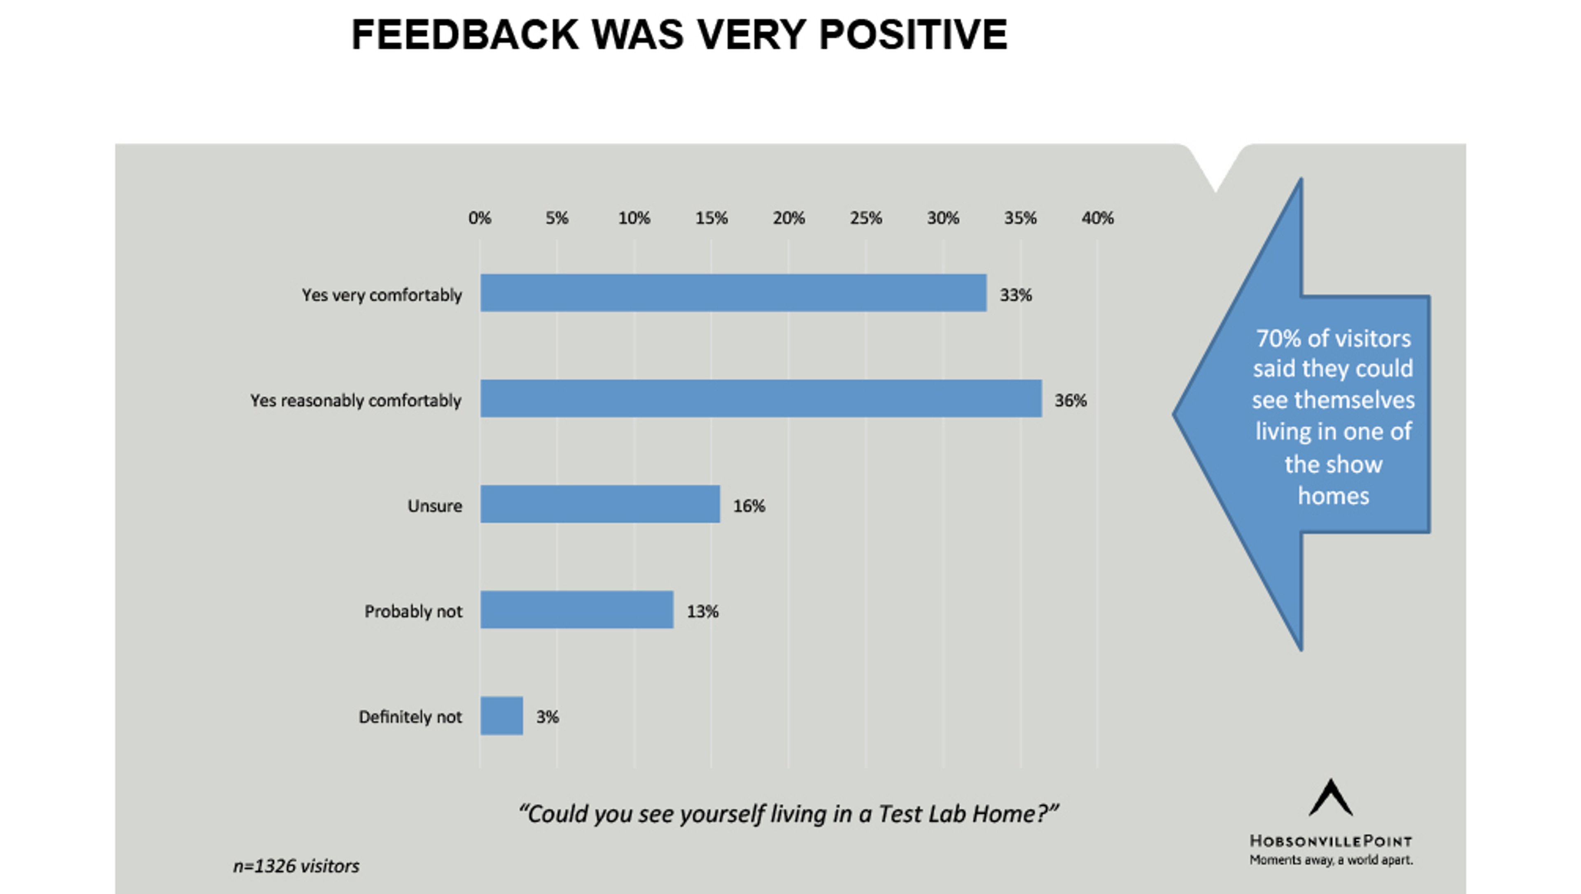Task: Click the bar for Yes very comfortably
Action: tap(733, 293)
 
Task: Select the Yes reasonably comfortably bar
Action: tap(761, 398)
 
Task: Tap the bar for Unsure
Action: tap(600, 504)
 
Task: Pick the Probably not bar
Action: tap(576, 610)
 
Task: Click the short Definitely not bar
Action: tap(501, 715)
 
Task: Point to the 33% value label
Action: tap(1016, 296)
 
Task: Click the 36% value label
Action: tap(1070, 400)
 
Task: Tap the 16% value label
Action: tap(749, 506)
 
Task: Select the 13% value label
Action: tap(702, 612)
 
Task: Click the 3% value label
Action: tap(547, 717)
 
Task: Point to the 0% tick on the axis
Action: tap(480, 218)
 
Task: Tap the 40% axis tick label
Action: tap(1097, 218)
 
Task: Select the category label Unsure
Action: tap(435, 506)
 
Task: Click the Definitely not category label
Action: tap(410, 717)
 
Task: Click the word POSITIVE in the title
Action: tap(913, 35)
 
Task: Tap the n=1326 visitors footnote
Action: tap(296, 866)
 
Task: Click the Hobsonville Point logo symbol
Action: tap(1331, 798)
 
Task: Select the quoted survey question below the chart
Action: tap(788, 814)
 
